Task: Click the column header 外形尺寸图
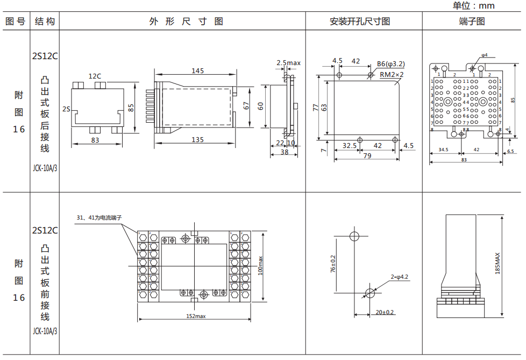[186, 22]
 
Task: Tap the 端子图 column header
[472, 22]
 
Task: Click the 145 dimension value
[197, 71]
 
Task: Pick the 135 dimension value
[197, 140]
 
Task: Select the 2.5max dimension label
[288, 63]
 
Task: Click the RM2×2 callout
[392, 74]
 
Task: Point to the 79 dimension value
[367, 156]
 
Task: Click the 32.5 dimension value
[350, 145]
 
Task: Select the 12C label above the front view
[95, 76]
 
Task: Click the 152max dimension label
[196, 316]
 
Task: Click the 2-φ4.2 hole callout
[400, 277]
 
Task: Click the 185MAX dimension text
[497, 264]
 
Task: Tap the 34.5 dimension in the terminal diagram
[444, 150]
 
